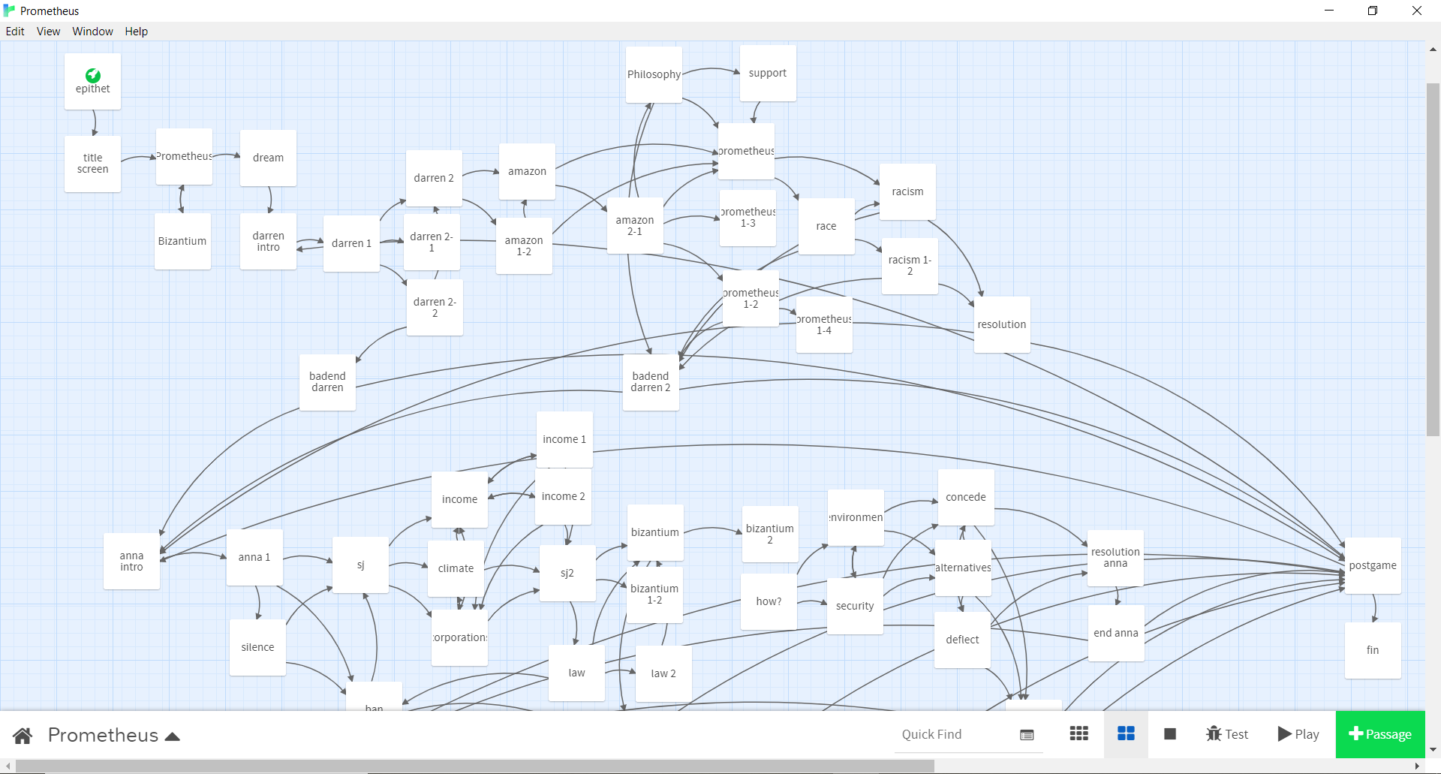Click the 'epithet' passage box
(x=92, y=82)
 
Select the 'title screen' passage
(x=92, y=164)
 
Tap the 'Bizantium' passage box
(x=182, y=241)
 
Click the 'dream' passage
(x=268, y=158)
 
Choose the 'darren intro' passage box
(x=268, y=241)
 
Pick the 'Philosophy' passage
(x=654, y=74)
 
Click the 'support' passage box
(x=768, y=73)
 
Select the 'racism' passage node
(x=907, y=191)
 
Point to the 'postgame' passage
(x=1373, y=565)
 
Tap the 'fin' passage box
(x=1373, y=650)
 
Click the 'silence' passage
(x=257, y=647)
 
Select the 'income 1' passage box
(x=564, y=439)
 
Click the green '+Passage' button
(x=1380, y=734)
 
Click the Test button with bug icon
(x=1226, y=734)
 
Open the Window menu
(x=92, y=32)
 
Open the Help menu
(x=136, y=32)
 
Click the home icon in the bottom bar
(x=23, y=735)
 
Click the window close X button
(x=1416, y=11)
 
